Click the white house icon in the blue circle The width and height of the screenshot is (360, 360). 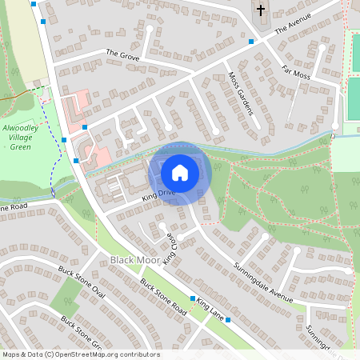click(x=180, y=172)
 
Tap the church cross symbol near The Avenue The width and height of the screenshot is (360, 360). click(x=260, y=11)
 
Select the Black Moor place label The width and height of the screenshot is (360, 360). click(x=132, y=261)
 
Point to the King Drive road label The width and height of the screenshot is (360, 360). click(x=158, y=194)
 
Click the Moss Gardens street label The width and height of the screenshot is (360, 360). click(x=241, y=93)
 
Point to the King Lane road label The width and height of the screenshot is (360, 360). click(x=212, y=308)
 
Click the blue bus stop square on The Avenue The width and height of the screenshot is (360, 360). click(x=251, y=41)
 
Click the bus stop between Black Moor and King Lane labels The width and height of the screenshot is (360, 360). click(x=192, y=298)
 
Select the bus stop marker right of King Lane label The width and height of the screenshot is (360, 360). click(x=228, y=321)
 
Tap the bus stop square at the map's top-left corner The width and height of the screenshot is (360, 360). click(x=34, y=3)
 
